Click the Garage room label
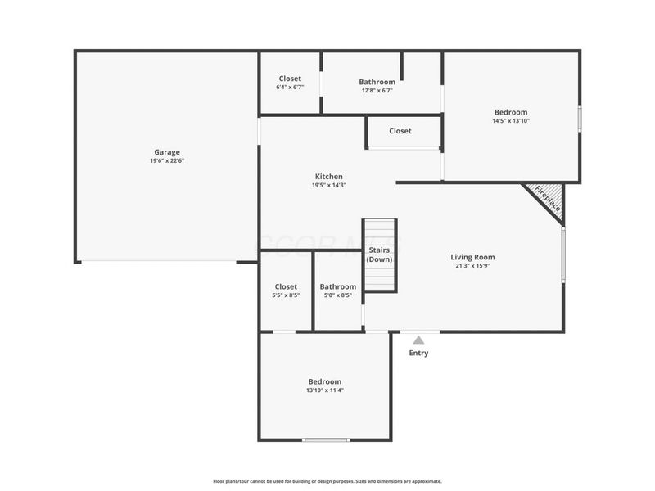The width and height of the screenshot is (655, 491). tap(166, 152)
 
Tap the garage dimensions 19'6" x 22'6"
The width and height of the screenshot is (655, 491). tap(166, 161)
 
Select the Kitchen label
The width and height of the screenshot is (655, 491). tap(329, 176)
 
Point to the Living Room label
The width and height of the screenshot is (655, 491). tap(474, 257)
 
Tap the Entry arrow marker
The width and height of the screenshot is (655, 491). tap(418, 340)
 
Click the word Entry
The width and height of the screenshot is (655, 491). tap(418, 354)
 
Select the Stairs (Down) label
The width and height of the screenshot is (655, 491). tap(379, 254)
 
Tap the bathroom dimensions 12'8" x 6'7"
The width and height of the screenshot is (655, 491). tap(377, 91)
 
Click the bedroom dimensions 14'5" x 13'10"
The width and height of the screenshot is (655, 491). tap(510, 121)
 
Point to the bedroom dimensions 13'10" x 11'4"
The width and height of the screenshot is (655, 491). tap(324, 390)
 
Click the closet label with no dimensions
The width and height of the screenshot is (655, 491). tap(400, 131)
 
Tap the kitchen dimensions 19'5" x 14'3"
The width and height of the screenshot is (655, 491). tap(329, 185)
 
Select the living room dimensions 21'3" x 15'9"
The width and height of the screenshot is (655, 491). tap(474, 266)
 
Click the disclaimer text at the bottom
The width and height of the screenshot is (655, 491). tap(327, 481)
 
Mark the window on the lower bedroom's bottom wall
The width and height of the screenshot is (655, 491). tap(326, 440)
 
